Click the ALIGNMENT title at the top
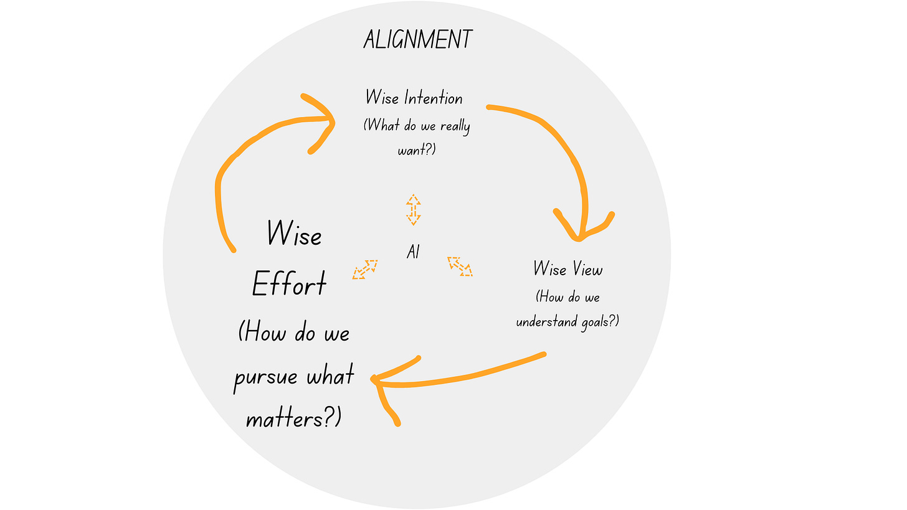(417, 40)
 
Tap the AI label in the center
(412, 252)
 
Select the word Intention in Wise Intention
(434, 98)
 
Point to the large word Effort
(289, 285)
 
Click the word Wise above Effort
(294, 234)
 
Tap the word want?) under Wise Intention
(416, 150)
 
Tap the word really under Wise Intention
(455, 126)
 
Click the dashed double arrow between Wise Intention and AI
(413, 209)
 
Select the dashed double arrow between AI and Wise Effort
(365, 269)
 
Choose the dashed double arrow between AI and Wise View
(460, 266)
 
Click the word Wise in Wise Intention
(382, 98)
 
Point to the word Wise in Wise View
(549, 269)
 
